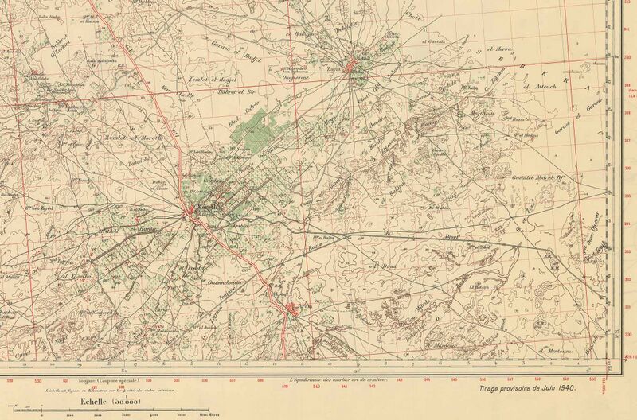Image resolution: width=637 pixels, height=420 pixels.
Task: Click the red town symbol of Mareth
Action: [192, 211]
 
